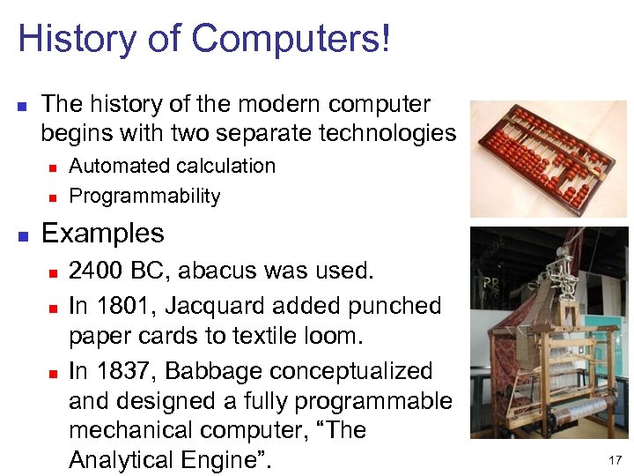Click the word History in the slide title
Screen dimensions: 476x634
tap(77, 39)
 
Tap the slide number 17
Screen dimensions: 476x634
tap(614, 460)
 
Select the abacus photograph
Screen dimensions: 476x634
tap(548, 159)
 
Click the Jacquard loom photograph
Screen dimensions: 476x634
tap(548, 332)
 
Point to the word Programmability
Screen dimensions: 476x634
tap(144, 196)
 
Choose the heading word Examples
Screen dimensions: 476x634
tap(102, 234)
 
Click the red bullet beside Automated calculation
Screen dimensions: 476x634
tap(52, 167)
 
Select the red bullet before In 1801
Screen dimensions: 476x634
tap(52, 307)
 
